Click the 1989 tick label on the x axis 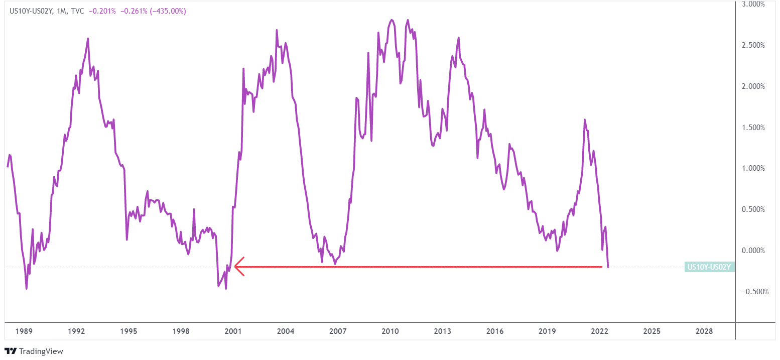coord(24,331)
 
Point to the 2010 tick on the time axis coord(390,331)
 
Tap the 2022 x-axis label coord(599,331)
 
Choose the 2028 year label coord(704,331)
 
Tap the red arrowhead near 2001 coord(238,267)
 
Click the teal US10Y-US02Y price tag coord(709,267)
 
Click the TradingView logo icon coord(11,351)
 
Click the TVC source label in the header coord(77,11)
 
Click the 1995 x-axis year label coord(128,331)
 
